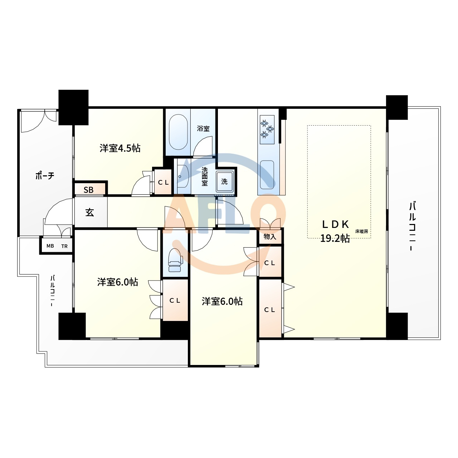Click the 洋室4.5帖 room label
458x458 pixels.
click(120, 148)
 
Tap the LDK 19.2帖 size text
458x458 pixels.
click(335, 238)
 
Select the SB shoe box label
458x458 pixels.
click(88, 190)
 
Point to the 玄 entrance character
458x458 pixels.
click(89, 212)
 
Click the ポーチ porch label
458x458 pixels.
click(45, 176)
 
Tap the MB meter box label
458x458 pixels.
click(50, 246)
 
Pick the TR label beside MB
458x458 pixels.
click(64, 246)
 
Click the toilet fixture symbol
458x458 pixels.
click(175, 260)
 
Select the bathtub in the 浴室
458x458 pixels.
click(178, 132)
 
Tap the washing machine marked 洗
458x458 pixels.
click(225, 181)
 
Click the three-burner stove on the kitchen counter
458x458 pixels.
click(267, 130)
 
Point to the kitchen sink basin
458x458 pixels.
click(267, 175)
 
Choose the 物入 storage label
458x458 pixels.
click(270, 237)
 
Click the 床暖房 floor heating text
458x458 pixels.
click(362, 231)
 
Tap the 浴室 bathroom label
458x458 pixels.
click(203, 128)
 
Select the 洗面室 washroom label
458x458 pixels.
click(205, 177)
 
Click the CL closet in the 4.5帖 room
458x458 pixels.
click(163, 182)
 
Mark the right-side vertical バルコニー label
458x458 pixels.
click(412, 226)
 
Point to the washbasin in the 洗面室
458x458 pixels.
click(183, 177)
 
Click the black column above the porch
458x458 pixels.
click(73, 107)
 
